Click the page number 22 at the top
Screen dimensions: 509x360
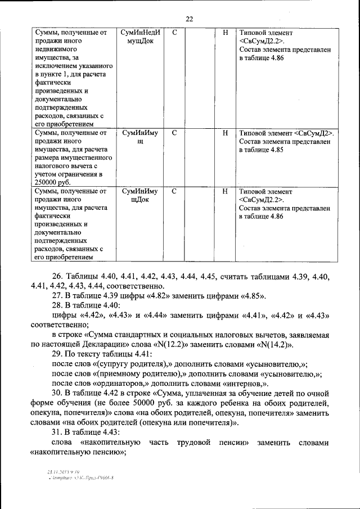coord(189,19)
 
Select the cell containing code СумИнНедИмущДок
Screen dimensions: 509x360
coord(140,37)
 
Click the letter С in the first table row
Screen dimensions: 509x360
coord(174,33)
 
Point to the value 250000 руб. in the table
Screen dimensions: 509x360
coord(52,183)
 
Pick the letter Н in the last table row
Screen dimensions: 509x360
coord(225,191)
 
